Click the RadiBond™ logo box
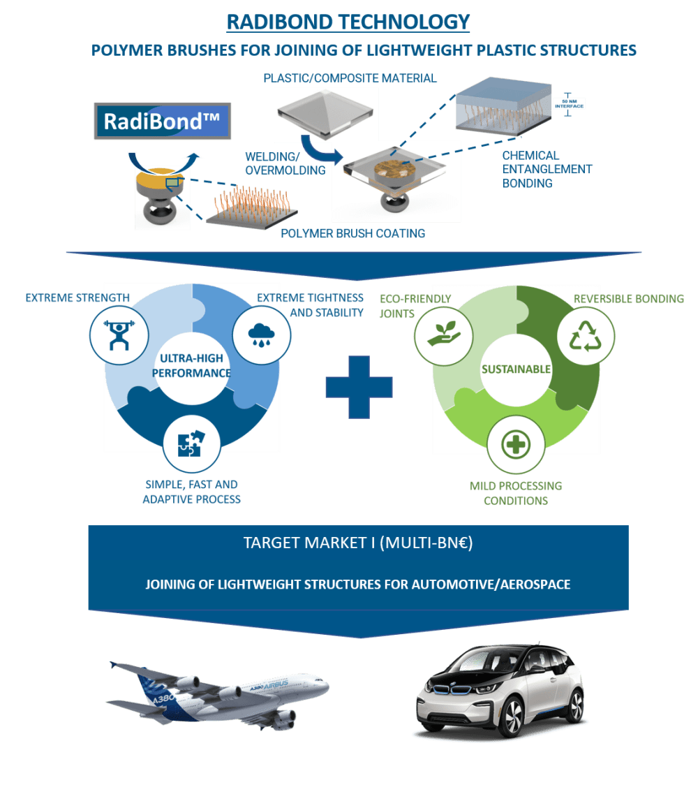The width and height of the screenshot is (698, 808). [161, 122]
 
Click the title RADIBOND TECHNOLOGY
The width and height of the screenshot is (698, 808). [348, 22]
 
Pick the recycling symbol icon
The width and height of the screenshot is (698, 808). [586, 337]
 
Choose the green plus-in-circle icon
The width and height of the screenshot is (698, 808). [516, 444]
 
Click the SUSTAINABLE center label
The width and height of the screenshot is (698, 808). [516, 369]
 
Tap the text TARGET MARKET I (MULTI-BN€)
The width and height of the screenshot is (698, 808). [357, 543]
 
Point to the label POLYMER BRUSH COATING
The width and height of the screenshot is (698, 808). [352, 233]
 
